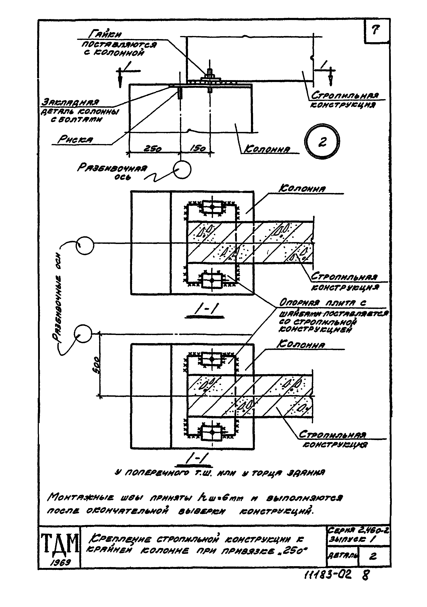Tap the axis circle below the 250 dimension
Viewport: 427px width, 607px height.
[182, 170]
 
